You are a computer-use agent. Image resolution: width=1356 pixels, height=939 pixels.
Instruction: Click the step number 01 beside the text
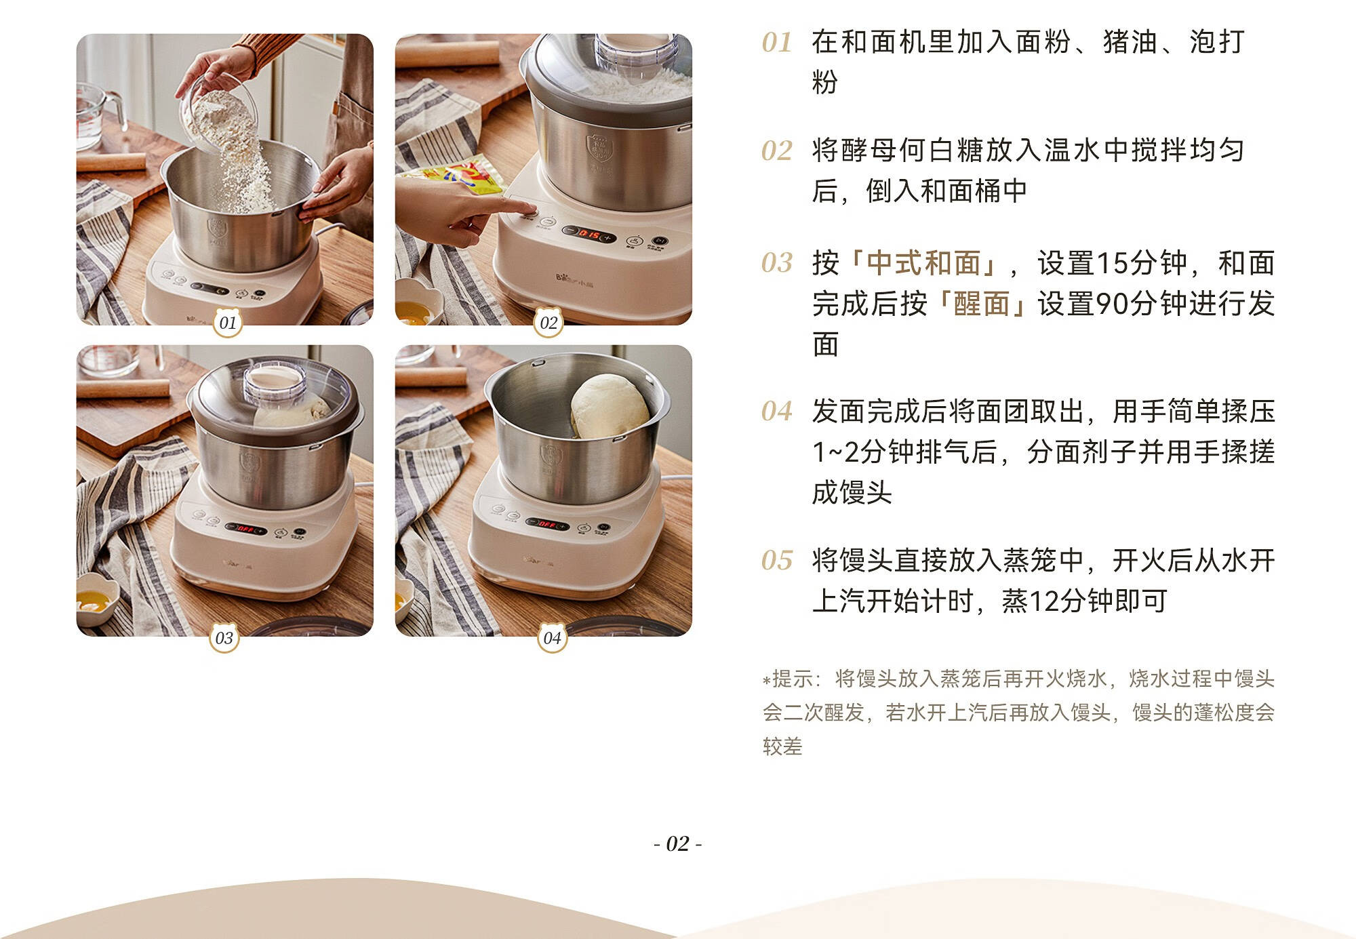777,43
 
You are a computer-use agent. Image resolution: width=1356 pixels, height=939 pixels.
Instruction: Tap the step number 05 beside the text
777,561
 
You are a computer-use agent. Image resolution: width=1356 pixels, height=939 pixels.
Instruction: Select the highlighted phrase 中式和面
923,263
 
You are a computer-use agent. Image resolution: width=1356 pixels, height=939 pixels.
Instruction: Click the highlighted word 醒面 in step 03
981,304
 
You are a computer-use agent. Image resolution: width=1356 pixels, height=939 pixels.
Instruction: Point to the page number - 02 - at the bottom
677,843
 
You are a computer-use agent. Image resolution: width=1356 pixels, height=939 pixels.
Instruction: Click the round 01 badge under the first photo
228,323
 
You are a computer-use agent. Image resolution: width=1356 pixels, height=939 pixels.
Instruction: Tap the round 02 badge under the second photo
549,323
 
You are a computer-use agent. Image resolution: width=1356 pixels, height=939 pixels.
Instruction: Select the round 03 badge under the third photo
224,638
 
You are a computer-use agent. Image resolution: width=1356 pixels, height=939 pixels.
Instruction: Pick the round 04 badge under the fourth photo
552,638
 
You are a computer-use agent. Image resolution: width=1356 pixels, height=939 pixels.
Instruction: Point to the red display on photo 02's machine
590,235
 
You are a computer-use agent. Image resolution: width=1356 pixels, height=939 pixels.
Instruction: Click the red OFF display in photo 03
245,529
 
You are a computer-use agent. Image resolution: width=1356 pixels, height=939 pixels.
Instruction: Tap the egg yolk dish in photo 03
98,598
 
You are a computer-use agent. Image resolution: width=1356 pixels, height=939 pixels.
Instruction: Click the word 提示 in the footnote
792,679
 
